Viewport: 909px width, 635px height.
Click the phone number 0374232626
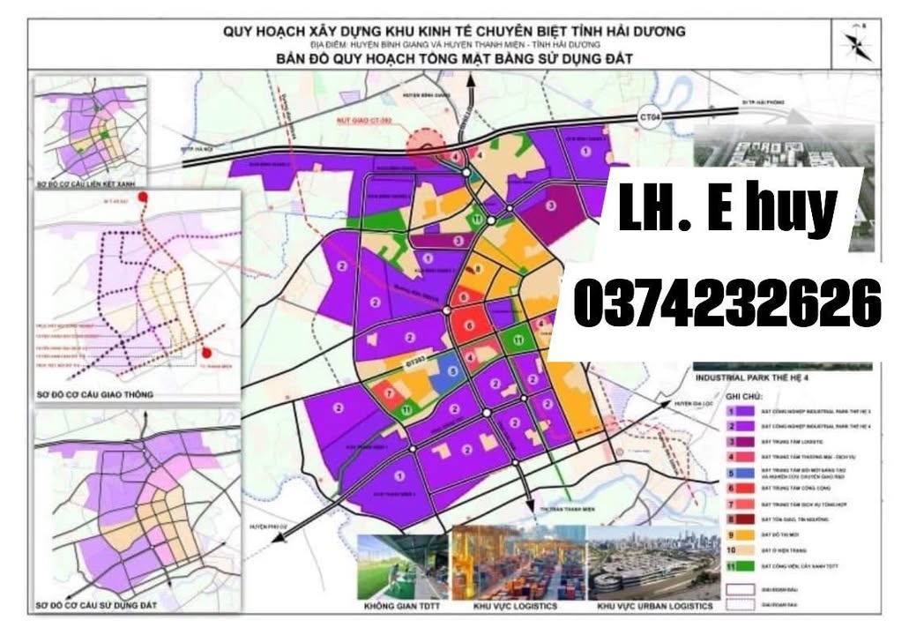[x=726, y=303]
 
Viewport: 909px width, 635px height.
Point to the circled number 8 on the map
[x=478, y=270]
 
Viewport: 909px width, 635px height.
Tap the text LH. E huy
[x=728, y=207]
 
